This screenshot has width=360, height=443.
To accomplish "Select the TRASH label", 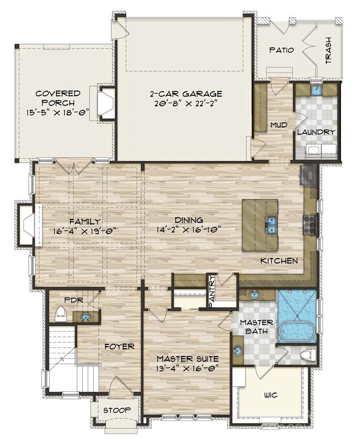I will pyautogui.click(x=328, y=50).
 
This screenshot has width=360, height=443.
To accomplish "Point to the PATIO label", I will pyautogui.click(x=282, y=50).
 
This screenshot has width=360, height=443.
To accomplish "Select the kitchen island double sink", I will pyautogui.click(x=271, y=225).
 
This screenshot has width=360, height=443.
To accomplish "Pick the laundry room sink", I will pyautogui.click(x=316, y=90).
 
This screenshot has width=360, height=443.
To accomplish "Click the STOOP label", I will pyautogui.click(x=117, y=410).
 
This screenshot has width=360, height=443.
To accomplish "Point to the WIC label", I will pyautogui.click(x=271, y=395).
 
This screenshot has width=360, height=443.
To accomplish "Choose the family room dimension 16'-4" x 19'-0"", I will pyautogui.click(x=85, y=230).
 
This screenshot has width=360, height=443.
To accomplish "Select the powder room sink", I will pyautogui.click(x=86, y=317).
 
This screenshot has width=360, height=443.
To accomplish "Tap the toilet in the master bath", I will pyautogui.click(x=308, y=355).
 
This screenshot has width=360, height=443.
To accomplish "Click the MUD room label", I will pyautogui.click(x=279, y=124).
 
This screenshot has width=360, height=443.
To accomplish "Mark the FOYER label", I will pyautogui.click(x=119, y=346).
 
